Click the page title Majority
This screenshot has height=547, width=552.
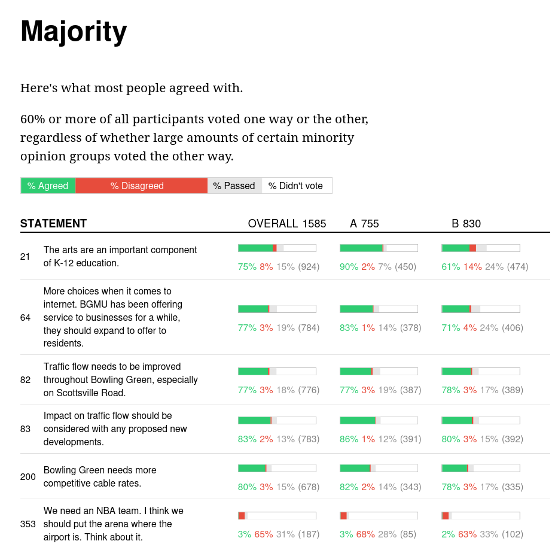click(x=74, y=31)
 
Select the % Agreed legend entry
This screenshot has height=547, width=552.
click(x=48, y=186)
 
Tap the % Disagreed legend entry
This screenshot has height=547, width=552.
click(x=137, y=186)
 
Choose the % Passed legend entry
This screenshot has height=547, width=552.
click(x=234, y=186)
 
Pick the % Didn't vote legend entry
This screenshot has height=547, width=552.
click(x=295, y=186)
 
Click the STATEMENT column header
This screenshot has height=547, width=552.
click(x=53, y=224)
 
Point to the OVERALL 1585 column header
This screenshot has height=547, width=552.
click(x=287, y=224)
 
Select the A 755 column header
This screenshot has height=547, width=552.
click(x=364, y=224)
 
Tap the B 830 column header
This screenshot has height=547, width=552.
click(x=466, y=224)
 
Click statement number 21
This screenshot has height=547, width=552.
click(x=25, y=257)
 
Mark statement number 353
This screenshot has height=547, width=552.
click(x=28, y=524)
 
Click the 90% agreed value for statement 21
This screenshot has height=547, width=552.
click(x=349, y=267)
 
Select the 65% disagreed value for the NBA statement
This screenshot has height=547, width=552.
click(x=264, y=534)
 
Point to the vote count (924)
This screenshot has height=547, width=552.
click(x=309, y=267)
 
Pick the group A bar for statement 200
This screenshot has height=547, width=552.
click(x=379, y=468)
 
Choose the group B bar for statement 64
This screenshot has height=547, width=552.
click(x=480, y=309)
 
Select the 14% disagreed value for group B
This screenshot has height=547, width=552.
click(x=472, y=267)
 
